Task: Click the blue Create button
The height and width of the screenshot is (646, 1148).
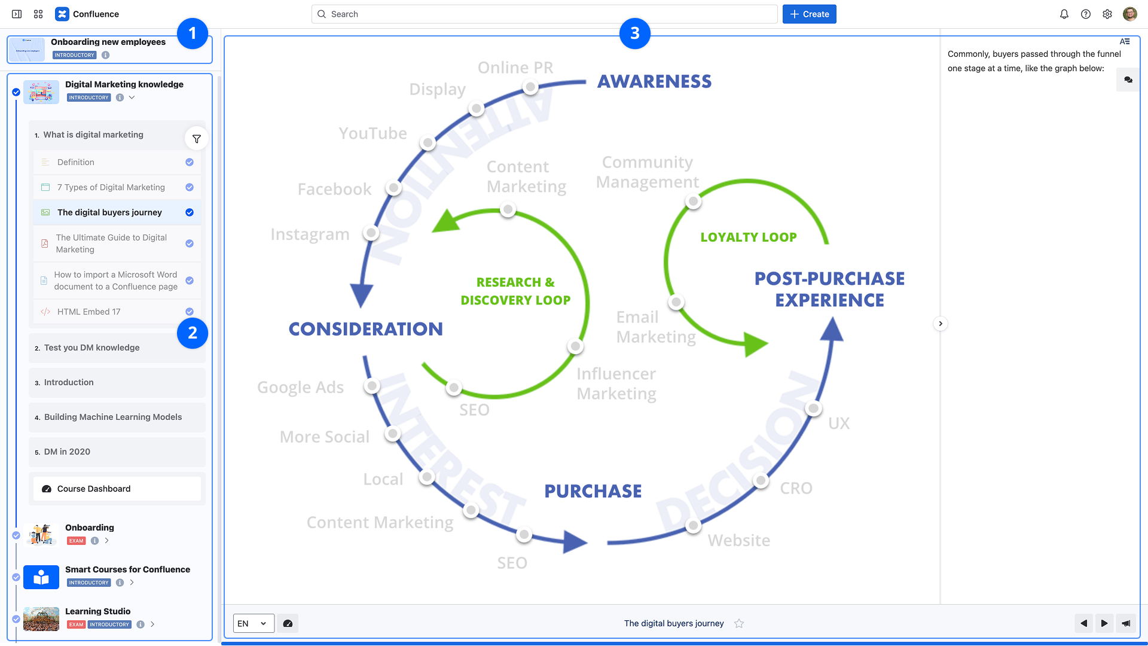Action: coord(809,14)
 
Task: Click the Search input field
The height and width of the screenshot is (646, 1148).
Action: coord(544,14)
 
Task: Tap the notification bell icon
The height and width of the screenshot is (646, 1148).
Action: coord(1064,14)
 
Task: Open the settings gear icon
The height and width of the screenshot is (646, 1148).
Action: coord(1107,14)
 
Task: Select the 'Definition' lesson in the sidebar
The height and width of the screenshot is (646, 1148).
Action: coord(76,162)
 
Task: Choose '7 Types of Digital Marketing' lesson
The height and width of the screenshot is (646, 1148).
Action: coord(111,187)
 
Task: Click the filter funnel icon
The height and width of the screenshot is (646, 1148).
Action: coord(197,139)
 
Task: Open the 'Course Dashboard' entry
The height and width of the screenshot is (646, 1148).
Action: coord(94,489)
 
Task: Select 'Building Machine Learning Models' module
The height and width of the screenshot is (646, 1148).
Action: coord(113,417)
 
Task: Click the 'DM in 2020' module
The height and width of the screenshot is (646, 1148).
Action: coord(67,452)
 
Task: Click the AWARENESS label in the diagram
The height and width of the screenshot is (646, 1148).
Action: coord(655,81)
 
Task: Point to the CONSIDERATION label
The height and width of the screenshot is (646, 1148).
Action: coord(366,329)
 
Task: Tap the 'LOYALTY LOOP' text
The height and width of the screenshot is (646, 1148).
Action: coord(749,237)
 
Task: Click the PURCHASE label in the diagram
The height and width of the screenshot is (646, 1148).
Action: coord(593,491)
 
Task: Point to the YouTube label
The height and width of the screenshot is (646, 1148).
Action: coord(373,133)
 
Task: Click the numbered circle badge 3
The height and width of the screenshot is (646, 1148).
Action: coord(635,33)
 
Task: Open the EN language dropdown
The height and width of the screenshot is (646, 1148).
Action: coord(254,623)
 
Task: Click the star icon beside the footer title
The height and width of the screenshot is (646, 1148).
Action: coord(740,623)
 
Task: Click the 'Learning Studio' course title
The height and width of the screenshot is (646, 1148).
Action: coord(98,611)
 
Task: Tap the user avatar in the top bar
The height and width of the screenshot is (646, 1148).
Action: coord(1130,14)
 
